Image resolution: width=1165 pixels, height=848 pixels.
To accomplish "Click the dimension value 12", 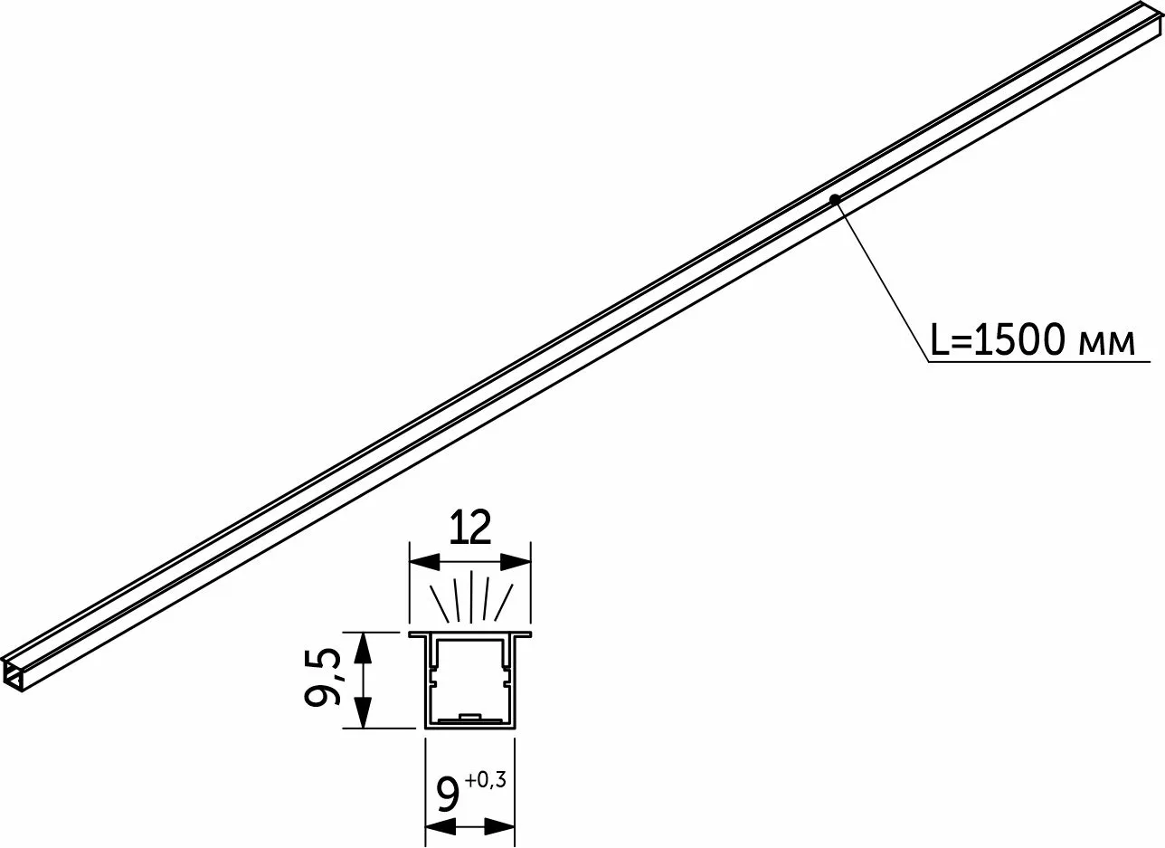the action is point(469,528).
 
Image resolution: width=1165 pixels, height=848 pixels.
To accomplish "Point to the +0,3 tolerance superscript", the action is point(486,780).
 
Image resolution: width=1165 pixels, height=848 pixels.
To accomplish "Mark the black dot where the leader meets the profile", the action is point(835,199).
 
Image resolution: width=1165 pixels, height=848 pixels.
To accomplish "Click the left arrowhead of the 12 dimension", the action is point(425,562).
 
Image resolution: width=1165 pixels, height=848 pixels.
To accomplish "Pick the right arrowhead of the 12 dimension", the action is point(516,562).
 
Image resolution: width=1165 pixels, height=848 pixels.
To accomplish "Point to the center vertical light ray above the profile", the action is point(470,596).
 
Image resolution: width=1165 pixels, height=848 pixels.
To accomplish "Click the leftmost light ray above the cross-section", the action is point(439,603).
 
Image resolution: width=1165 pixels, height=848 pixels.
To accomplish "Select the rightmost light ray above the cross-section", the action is point(504,603).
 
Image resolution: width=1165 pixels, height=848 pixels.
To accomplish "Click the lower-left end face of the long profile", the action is point(12,677).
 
